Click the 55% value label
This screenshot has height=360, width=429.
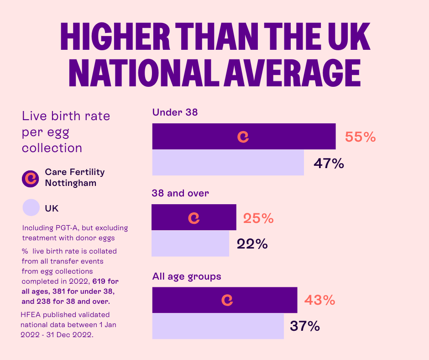pyautogui.click(x=360, y=137)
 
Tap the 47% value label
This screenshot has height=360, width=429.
pyautogui.click(x=329, y=164)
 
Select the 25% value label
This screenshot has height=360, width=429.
pyautogui.click(x=258, y=218)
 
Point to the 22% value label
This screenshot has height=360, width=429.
pyautogui.click(x=252, y=244)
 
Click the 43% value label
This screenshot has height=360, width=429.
pyautogui.click(x=319, y=300)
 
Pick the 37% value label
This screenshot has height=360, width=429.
pyautogui.click(x=305, y=326)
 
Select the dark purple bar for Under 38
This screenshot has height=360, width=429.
pyautogui.click(x=274, y=137)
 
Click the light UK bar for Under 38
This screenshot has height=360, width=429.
pyautogui.click(x=228, y=163)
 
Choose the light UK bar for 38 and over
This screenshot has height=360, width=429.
pyautogui.click(x=190, y=244)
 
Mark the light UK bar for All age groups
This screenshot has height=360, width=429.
pyautogui.click(x=218, y=326)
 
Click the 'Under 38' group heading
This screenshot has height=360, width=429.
pyautogui.click(x=175, y=112)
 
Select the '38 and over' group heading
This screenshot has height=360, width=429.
pyautogui.click(x=180, y=193)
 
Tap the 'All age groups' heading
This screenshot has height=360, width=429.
pyautogui.click(x=186, y=276)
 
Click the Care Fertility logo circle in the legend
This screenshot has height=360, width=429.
pyautogui.click(x=31, y=178)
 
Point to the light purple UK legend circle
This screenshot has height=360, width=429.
pyautogui.click(x=31, y=208)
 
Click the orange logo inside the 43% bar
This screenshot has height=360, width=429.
pyautogui.click(x=227, y=300)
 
